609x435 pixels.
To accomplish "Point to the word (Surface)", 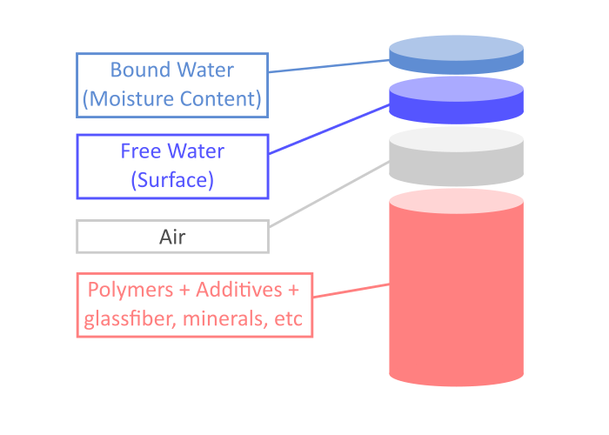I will pyautogui.click(x=172, y=181).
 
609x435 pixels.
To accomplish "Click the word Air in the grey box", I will pyautogui.click(x=172, y=237).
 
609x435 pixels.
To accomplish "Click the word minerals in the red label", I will pyautogui.click(x=227, y=319).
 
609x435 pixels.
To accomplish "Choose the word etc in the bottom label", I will pyautogui.click(x=288, y=319).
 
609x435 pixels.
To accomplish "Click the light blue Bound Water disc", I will pyautogui.click(x=456, y=55).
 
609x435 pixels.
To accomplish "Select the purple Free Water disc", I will pyautogui.click(x=456, y=99).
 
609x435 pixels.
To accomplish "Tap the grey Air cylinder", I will pyautogui.click(x=456, y=158).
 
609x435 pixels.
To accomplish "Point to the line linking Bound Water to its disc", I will pyautogui.click(x=329, y=66).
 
